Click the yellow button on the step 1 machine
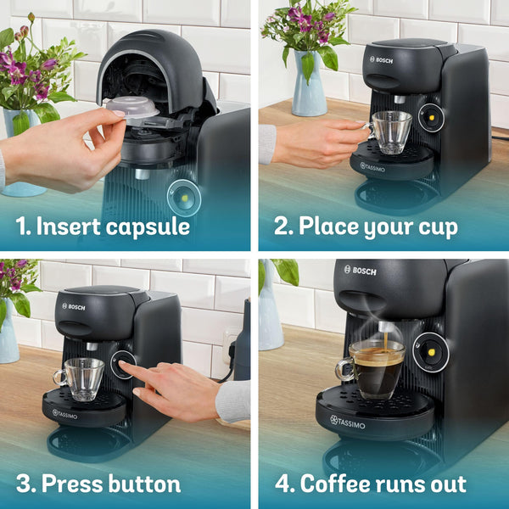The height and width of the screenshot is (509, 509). [x=182, y=196]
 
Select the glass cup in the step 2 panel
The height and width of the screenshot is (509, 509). [x=391, y=132]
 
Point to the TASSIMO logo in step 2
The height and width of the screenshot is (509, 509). [x=379, y=166]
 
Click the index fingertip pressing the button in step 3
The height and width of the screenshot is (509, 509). [x=124, y=366]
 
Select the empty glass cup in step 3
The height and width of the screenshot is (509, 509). [x=83, y=378]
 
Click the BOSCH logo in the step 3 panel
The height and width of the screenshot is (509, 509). [x=73, y=306]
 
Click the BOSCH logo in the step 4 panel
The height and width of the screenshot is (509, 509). [x=360, y=270]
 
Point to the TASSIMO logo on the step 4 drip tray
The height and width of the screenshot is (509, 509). [x=352, y=420]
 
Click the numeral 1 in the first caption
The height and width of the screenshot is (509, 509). [x=23, y=227]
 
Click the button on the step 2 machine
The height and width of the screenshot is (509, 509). [x=431, y=118]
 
